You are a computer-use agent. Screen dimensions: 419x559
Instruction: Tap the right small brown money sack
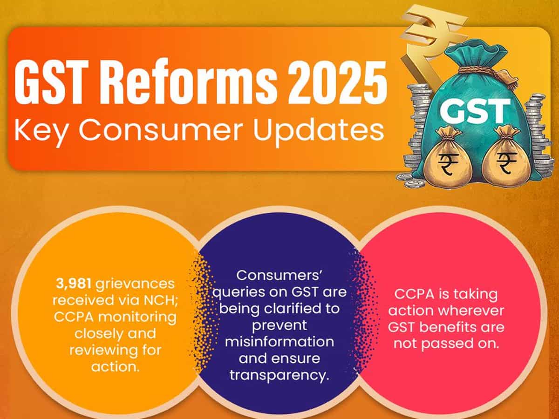coord(506,161)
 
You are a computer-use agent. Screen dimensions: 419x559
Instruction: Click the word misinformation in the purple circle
coord(279,341)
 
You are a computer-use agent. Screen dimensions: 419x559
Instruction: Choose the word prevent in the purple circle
coord(279,325)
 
